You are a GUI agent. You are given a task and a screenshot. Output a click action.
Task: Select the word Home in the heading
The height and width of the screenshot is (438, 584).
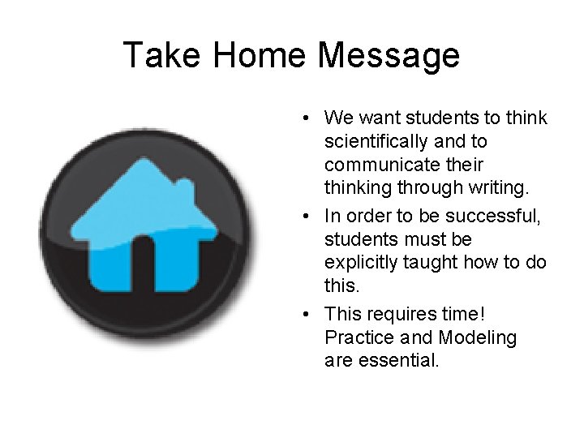point(258,56)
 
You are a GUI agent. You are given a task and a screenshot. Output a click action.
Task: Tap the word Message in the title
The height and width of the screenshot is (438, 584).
point(389,56)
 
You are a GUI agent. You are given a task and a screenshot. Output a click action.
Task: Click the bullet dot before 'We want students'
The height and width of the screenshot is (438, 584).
point(301,119)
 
